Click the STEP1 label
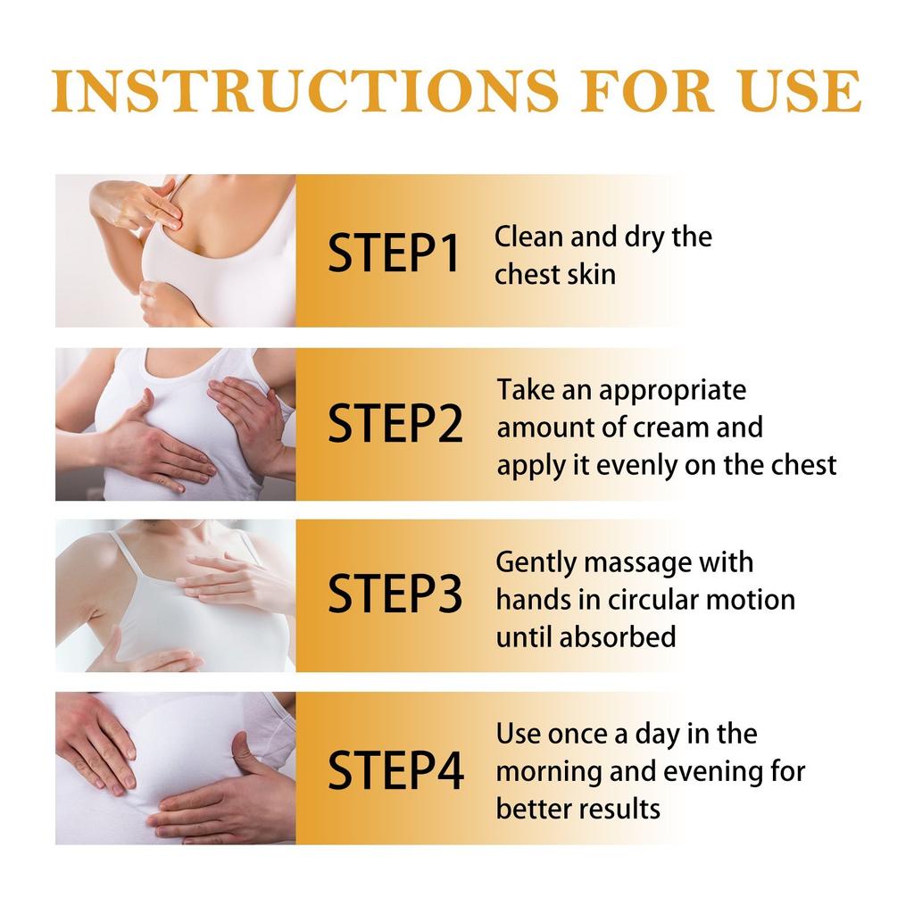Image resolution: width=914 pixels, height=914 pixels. pyautogui.click(x=394, y=253)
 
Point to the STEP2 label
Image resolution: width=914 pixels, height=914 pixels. pyautogui.click(x=395, y=425)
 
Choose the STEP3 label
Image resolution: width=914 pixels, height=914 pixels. pyautogui.click(x=395, y=595)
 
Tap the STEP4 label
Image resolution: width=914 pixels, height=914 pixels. pyautogui.click(x=395, y=770)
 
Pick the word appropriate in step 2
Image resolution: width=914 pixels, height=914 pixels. pyautogui.click(x=672, y=391)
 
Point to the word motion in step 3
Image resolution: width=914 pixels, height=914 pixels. pyautogui.click(x=755, y=600)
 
